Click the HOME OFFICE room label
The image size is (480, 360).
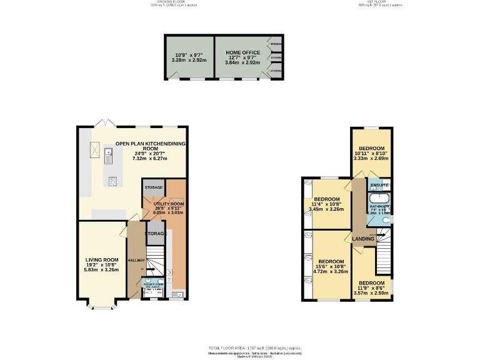click(x=241, y=53)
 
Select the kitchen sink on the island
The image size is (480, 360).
click(x=108, y=155)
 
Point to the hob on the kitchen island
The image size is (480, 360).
click(x=114, y=182)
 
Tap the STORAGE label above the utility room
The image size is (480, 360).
click(x=154, y=187)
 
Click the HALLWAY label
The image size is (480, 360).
click(x=136, y=261)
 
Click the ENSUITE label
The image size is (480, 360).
click(x=379, y=186)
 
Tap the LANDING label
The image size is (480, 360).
click(x=362, y=239)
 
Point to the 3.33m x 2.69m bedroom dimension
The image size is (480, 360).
click(x=371, y=159)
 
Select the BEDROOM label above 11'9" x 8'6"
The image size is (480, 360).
click(x=372, y=282)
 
